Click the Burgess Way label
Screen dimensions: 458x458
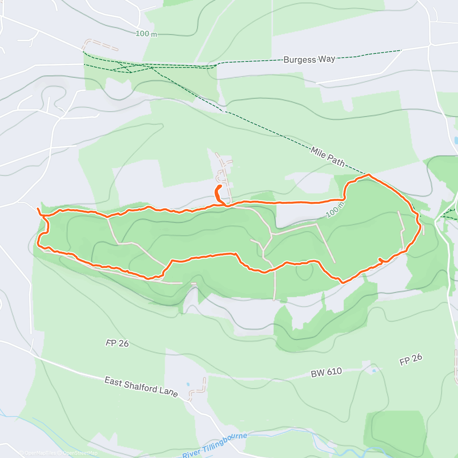(309, 60)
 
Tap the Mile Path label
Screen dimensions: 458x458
(327, 157)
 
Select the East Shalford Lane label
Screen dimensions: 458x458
(141, 387)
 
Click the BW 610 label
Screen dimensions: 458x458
(326, 373)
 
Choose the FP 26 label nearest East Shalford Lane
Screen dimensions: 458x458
(117, 343)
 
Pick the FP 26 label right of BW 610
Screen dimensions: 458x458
(411, 360)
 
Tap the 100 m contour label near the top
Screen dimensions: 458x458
(146, 34)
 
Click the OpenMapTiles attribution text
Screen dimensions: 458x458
(40, 453)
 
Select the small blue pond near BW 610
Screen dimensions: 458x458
(373, 370)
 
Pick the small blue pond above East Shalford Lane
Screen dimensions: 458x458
(187, 385)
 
